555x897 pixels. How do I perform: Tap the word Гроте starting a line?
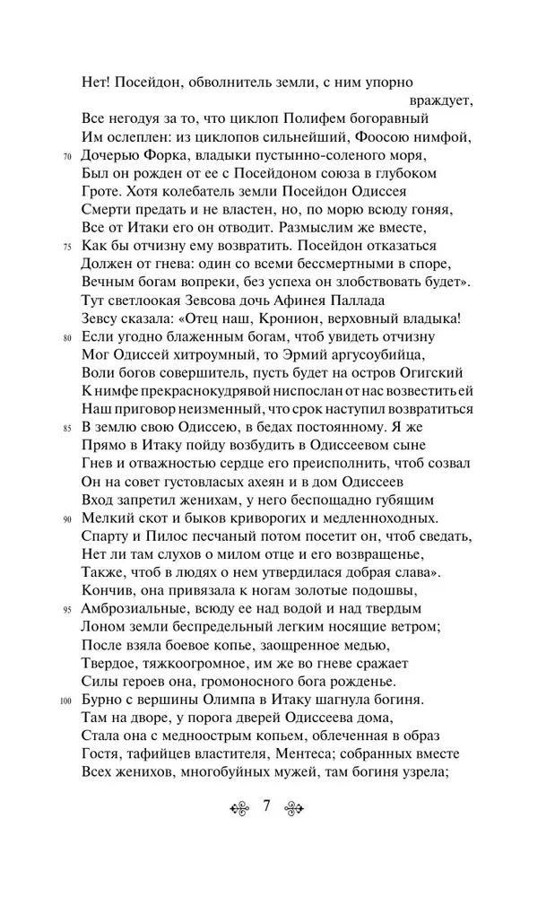tap(99, 191)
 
